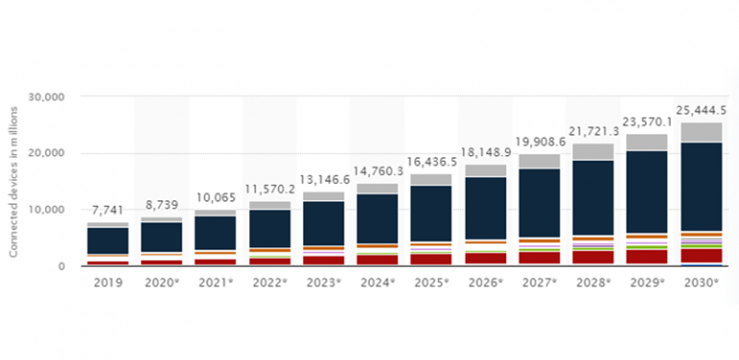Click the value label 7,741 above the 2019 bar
[x=107, y=209]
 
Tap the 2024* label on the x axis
[x=375, y=283]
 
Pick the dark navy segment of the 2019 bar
[x=107, y=241]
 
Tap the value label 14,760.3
[x=375, y=169]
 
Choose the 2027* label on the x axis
[x=538, y=283]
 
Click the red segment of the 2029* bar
[x=646, y=256]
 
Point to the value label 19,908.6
[x=538, y=141]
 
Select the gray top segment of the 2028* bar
[x=592, y=151]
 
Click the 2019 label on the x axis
[x=107, y=283]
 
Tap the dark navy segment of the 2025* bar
[x=430, y=213]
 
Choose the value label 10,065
[x=215, y=196]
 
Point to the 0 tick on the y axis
[x=60, y=266]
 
